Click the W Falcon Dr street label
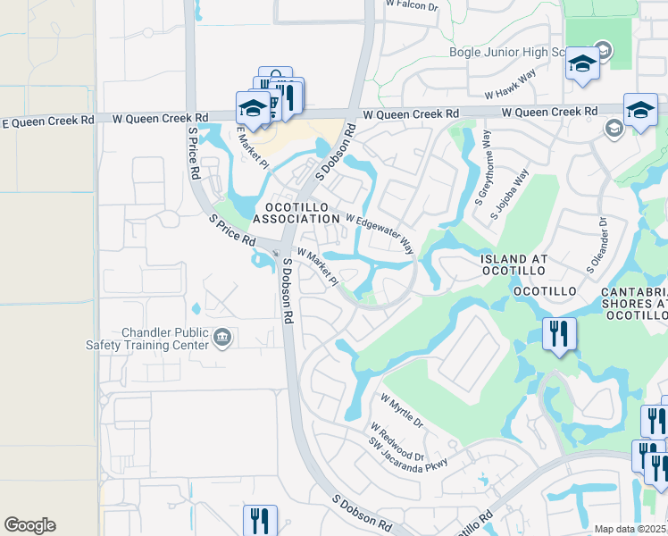[413, 5]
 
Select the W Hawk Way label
[510, 94]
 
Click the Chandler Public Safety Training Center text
[160, 339]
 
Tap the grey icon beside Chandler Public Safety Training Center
[222, 338]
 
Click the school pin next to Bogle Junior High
[582, 63]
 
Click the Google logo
[29, 525]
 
